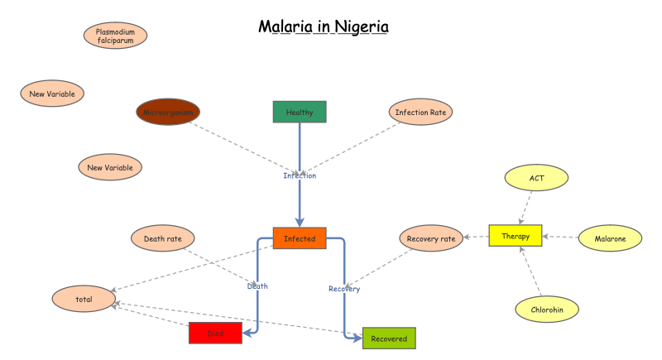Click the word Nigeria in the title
[361, 26]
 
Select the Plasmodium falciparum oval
[116, 36]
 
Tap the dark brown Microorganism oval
[168, 112]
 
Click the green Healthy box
[300, 112]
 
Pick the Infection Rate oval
[422, 112]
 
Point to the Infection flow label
[300, 175]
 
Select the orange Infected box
[300, 238]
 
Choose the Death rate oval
[163, 238]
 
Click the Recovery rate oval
[431, 238]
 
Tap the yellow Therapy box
[515, 236]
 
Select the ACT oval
[536, 176]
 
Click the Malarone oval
[609, 238]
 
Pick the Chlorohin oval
[546, 310]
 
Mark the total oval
[84, 298]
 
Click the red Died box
[215, 333]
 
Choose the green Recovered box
[389, 338]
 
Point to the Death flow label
[257, 286]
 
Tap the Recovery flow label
[344, 289]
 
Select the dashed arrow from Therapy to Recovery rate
[476, 238]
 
